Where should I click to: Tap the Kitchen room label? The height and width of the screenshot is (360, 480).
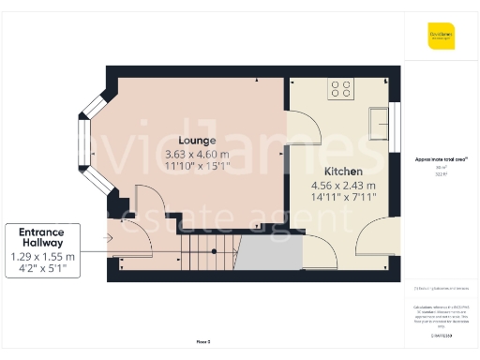343,172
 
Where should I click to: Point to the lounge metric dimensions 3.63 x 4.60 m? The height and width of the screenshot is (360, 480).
196,154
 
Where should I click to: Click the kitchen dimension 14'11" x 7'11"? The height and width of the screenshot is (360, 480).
344,198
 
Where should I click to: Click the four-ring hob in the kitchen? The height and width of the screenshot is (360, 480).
341,89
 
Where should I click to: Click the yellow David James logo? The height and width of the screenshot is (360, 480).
441,36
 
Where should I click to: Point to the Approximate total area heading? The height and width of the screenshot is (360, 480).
441,159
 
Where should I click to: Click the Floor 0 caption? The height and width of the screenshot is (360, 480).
203,341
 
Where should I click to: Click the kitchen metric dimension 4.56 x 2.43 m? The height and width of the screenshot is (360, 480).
344,186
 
